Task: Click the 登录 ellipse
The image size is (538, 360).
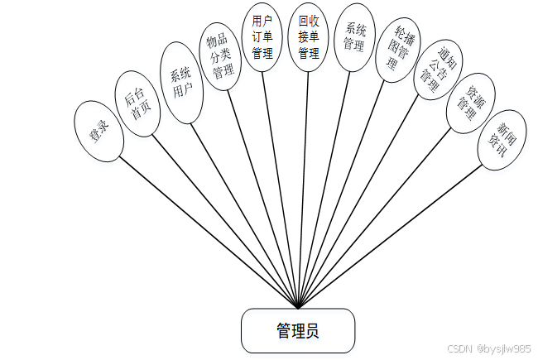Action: [x=99, y=131]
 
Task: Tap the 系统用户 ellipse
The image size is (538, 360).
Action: [x=181, y=83]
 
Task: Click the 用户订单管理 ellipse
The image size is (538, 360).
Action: [x=263, y=37]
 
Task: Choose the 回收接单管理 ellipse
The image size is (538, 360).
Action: [x=308, y=37]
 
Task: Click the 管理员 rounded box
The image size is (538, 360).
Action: [x=298, y=330]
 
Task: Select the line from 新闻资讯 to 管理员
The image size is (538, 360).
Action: [x=389, y=236]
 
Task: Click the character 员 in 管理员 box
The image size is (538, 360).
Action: [x=312, y=331]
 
